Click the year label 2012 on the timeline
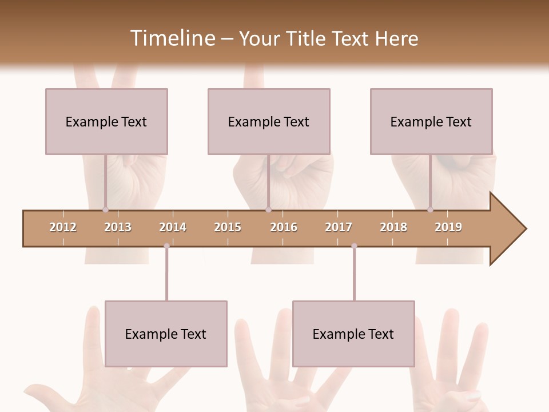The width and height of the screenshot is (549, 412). [x=63, y=227]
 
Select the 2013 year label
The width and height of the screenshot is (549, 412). [x=118, y=227]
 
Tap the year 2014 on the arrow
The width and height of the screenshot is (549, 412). [x=173, y=227]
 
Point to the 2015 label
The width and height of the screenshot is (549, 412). [x=228, y=227]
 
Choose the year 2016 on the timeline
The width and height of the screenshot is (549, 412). [x=284, y=227]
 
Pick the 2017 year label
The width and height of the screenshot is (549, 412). [x=339, y=227]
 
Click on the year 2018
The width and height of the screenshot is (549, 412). [x=393, y=227]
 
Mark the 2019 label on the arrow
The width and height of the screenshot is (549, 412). [x=448, y=227]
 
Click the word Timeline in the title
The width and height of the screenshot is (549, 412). [x=172, y=38]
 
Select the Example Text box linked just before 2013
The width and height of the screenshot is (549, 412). [x=106, y=121]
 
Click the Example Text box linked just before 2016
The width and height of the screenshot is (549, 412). [x=269, y=121]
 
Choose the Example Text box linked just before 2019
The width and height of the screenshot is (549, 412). [x=431, y=121]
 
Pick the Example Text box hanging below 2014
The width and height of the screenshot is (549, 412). [x=166, y=334]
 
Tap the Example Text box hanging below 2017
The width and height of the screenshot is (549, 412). [x=353, y=334]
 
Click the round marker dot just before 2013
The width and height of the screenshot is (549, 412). [x=105, y=209]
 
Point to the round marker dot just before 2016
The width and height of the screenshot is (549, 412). [x=268, y=209]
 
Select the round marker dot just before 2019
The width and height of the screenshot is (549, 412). [x=430, y=209]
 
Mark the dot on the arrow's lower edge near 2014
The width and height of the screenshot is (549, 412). [x=166, y=246]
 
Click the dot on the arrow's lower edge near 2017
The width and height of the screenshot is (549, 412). [x=354, y=246]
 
